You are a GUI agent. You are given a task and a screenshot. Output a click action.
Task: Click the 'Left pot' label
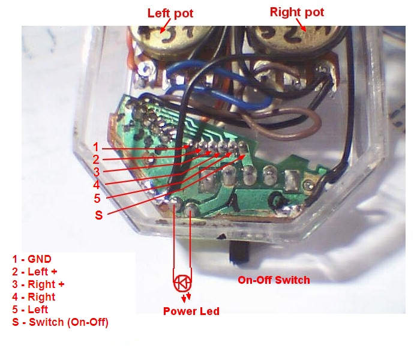pos(170,13)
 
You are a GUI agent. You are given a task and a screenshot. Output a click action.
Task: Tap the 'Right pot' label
pos(297,12)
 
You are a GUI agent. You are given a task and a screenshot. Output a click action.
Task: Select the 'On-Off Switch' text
pos(274,280)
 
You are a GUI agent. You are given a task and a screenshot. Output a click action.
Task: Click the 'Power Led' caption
pos(191,311)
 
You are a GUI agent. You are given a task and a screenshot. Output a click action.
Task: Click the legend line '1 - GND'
pos(32,259)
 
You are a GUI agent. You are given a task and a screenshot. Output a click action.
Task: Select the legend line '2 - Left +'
pos(35,272)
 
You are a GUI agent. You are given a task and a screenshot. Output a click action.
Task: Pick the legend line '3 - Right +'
pos(38,284)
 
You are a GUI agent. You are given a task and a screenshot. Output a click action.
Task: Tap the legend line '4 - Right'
pos(34,297)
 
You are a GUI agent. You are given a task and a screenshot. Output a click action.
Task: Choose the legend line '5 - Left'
pos(30,310)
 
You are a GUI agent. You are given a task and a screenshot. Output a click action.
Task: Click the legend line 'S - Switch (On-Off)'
pos(60,322)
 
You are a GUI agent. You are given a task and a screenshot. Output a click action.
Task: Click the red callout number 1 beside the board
pos(95,147)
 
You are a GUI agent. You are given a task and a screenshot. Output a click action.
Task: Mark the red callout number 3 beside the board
pos(97,172)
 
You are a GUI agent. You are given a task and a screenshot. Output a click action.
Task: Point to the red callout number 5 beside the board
pos(97,199)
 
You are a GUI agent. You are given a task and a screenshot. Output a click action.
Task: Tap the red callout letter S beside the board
pos(99,215)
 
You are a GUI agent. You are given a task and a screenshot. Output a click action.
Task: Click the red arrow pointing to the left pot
pos(165,26)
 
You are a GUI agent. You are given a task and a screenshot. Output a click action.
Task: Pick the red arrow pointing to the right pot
pos(301,25)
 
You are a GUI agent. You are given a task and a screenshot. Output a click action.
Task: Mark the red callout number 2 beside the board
pos(96,160)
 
